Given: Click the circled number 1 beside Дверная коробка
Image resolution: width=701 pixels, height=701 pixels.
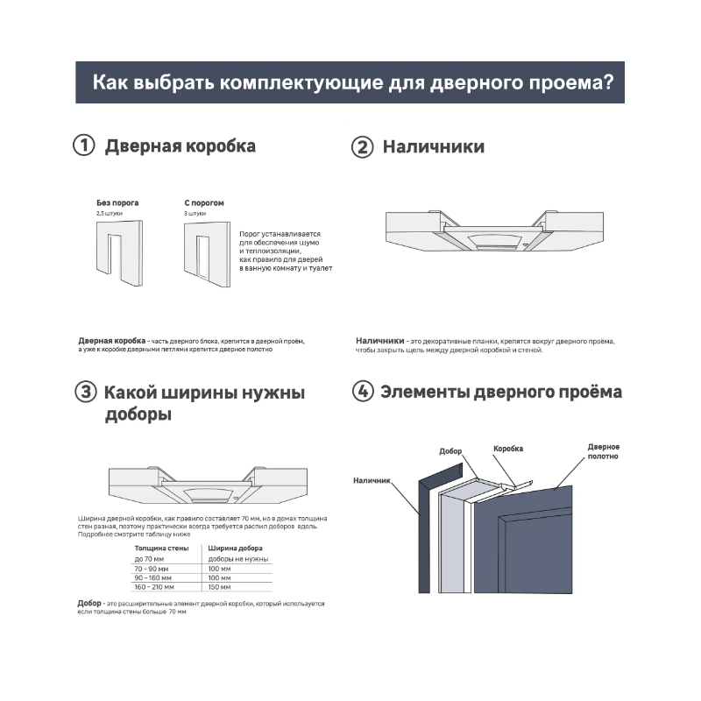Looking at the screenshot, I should (x=83, y=146).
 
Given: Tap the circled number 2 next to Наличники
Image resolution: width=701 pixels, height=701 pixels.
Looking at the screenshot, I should (x=362, y=146).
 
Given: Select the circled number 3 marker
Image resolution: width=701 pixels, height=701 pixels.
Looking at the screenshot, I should (x=84, y=393).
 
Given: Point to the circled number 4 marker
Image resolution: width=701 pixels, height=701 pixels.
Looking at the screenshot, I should (x=362, y=392).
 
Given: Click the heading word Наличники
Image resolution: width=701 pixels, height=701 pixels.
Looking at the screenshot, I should (x=433, y=146).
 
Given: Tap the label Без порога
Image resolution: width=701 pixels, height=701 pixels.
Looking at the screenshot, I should (x=117, y=202).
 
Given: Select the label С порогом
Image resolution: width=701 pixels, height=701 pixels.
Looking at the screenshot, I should (x=203, y=202).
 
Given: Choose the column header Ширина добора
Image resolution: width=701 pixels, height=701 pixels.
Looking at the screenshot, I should (x=231, y=548).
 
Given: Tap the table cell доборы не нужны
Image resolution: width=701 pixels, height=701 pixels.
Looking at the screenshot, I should (x=238, y=559).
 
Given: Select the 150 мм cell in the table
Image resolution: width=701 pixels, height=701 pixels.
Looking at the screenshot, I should (x=219, y=588).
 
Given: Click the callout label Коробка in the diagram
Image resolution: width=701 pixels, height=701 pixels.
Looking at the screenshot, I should (x=508, y=448).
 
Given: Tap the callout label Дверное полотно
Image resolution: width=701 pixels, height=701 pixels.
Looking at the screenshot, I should (x=603, y=452).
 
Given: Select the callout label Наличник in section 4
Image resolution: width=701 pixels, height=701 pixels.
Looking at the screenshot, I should (x=372, y=480).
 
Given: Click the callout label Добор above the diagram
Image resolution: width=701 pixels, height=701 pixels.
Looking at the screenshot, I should (x=450, y=451).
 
